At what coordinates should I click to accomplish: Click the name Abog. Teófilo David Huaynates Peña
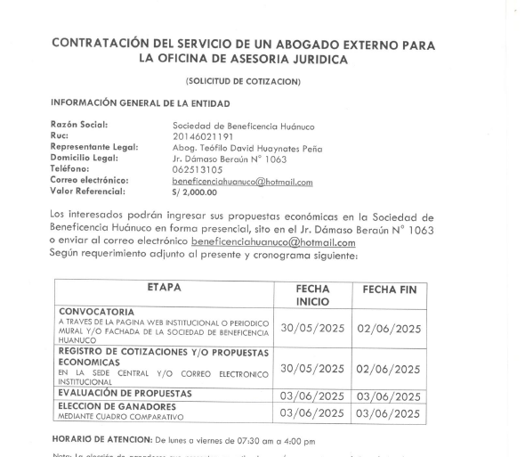tap(246, 148)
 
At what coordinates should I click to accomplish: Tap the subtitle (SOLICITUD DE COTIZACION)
tap(243, 82)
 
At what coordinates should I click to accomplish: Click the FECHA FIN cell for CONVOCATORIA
tap(388, 329)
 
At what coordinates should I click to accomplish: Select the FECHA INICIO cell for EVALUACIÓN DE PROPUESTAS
tap(311, 396)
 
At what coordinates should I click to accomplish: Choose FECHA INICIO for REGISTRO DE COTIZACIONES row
tap(311, 369)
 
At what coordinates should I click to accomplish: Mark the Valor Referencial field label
tap(88, 191)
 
